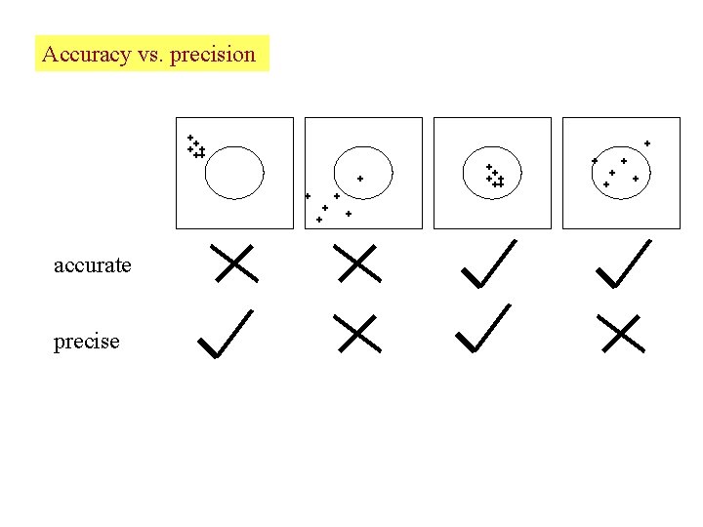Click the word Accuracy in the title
point(86,55)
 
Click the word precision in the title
point(212,55)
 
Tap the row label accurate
point(93,264)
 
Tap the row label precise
point(87,342)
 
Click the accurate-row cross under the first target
point(233,263)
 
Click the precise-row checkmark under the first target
point(225,334)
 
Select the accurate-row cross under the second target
point(356,263)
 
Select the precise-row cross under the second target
point(356,334)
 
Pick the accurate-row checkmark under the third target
point(487,263)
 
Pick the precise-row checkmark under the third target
point(483,328)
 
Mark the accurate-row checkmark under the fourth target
point(623,263)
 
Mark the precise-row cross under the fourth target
point(624,334)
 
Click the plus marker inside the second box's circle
point(360,179)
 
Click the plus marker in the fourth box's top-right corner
point(647,143)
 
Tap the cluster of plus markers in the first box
point(196,147)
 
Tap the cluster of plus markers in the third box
point(495,177)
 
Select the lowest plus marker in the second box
point(319,220)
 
